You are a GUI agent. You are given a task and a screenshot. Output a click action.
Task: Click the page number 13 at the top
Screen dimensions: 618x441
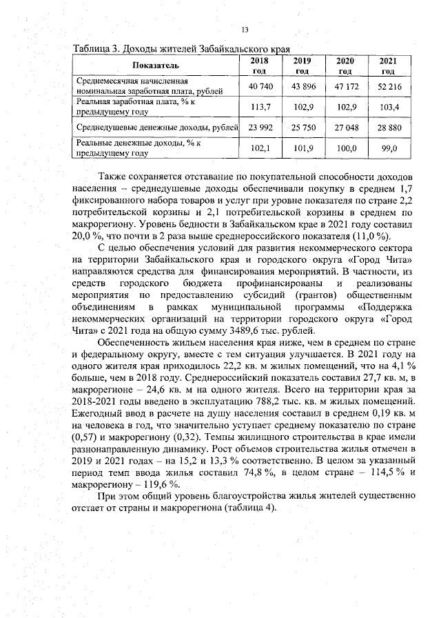pos(244,29)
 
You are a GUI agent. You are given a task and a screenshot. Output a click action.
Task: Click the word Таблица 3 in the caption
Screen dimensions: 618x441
pos(96,50)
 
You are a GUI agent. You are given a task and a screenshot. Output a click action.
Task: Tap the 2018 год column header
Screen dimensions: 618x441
pos(259,66)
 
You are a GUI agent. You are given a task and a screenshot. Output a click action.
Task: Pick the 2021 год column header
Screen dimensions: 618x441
pos(388,66)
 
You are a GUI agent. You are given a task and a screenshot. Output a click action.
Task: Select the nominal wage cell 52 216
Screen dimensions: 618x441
pos(388,86)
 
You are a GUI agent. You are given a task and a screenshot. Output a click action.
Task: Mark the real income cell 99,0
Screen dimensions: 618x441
pos(388,148)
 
